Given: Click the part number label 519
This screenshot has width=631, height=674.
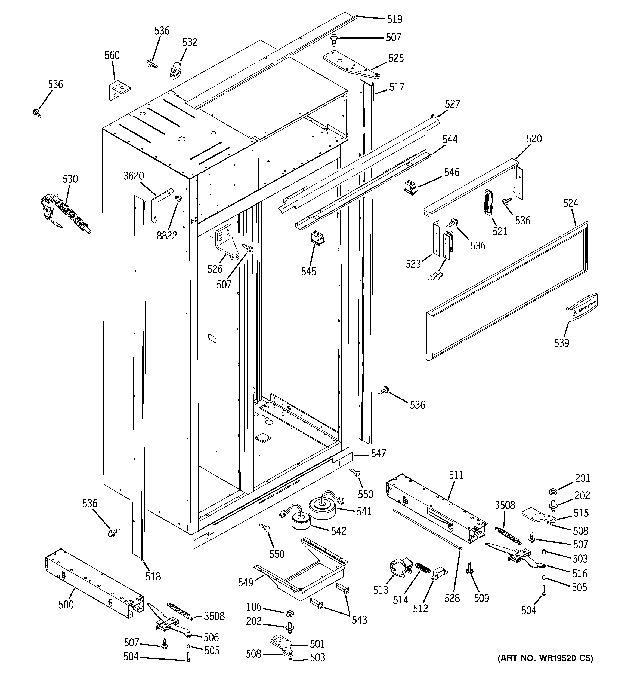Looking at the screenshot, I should coord(394,19).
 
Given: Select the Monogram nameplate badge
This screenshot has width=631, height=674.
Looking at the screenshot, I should coord(582,306).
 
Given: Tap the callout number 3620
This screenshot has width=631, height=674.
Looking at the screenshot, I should coord(134,176).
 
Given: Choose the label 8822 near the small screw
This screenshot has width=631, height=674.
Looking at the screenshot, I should coord(167,236).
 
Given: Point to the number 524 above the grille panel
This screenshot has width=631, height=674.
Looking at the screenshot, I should coord(571,203).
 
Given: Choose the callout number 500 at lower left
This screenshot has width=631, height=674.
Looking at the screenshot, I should coord(66,605).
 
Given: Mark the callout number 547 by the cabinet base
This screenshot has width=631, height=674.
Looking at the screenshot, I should coord(378,454).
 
